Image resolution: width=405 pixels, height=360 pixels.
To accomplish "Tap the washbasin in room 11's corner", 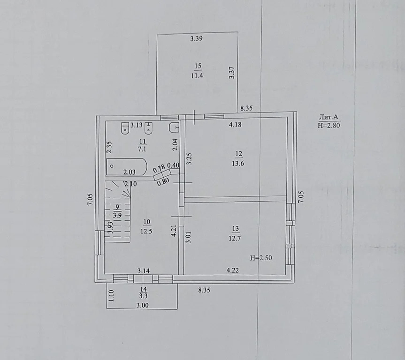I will [174, 127].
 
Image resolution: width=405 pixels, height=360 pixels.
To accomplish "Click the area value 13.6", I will [237, 164].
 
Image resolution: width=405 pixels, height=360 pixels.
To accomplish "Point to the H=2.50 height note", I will [261, 257].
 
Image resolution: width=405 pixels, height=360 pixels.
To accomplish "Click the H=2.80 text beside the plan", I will [329, 125].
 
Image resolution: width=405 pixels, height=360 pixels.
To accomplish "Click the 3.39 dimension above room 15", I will [196, 39].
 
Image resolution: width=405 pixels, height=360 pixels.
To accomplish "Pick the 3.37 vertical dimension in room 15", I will [231, 73].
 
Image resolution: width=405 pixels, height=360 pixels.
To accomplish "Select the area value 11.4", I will [197, 75].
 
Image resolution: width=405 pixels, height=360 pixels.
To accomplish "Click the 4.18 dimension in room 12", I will [235, 125].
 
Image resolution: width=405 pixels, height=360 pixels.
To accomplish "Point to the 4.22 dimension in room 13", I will [233, 270].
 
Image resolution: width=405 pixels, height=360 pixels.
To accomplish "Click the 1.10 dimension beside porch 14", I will [111, 296].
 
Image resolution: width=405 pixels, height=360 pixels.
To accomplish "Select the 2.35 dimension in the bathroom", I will [108, 148].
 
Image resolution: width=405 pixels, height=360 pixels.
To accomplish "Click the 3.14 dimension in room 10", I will [144, 270].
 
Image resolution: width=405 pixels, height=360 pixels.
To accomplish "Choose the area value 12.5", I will [145, 231].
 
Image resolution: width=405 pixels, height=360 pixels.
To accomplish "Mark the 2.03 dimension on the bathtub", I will [130, 172].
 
